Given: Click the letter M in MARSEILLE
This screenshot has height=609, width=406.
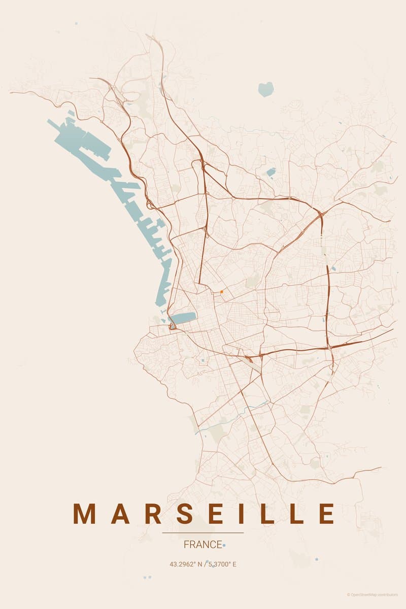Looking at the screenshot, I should pyautogui.click(x=85, y=514).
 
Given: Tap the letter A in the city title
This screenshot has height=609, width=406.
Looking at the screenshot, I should pyautogui.click(x=120, y=514).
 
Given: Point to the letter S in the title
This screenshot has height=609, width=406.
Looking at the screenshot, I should pyautogui.click(x=186, y=514).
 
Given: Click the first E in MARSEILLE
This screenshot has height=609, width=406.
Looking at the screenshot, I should pyautogui.click(x=217, y=514).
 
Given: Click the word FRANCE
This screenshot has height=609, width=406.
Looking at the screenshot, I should pyautogui.click(x=203, y=545).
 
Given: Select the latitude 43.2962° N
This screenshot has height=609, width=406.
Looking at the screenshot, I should pyautogui.click(x=185, y=564).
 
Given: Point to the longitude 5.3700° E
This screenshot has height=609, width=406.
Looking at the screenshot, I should pyautogui.click(x=222, y=564).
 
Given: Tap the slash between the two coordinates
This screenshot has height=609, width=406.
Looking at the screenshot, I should pyautogui.click(x=205, y=564).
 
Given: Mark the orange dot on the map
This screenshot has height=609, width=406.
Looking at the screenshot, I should pyautogui.click(x=222, y=292).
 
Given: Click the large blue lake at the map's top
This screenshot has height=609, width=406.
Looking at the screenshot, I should pyautogui.click(x=266, y=89).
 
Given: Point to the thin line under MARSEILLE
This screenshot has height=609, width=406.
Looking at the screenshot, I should pyautogui.click(x=203, y=533).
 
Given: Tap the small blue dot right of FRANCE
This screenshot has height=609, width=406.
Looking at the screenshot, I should pyautogui.click(x=224, y=545).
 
